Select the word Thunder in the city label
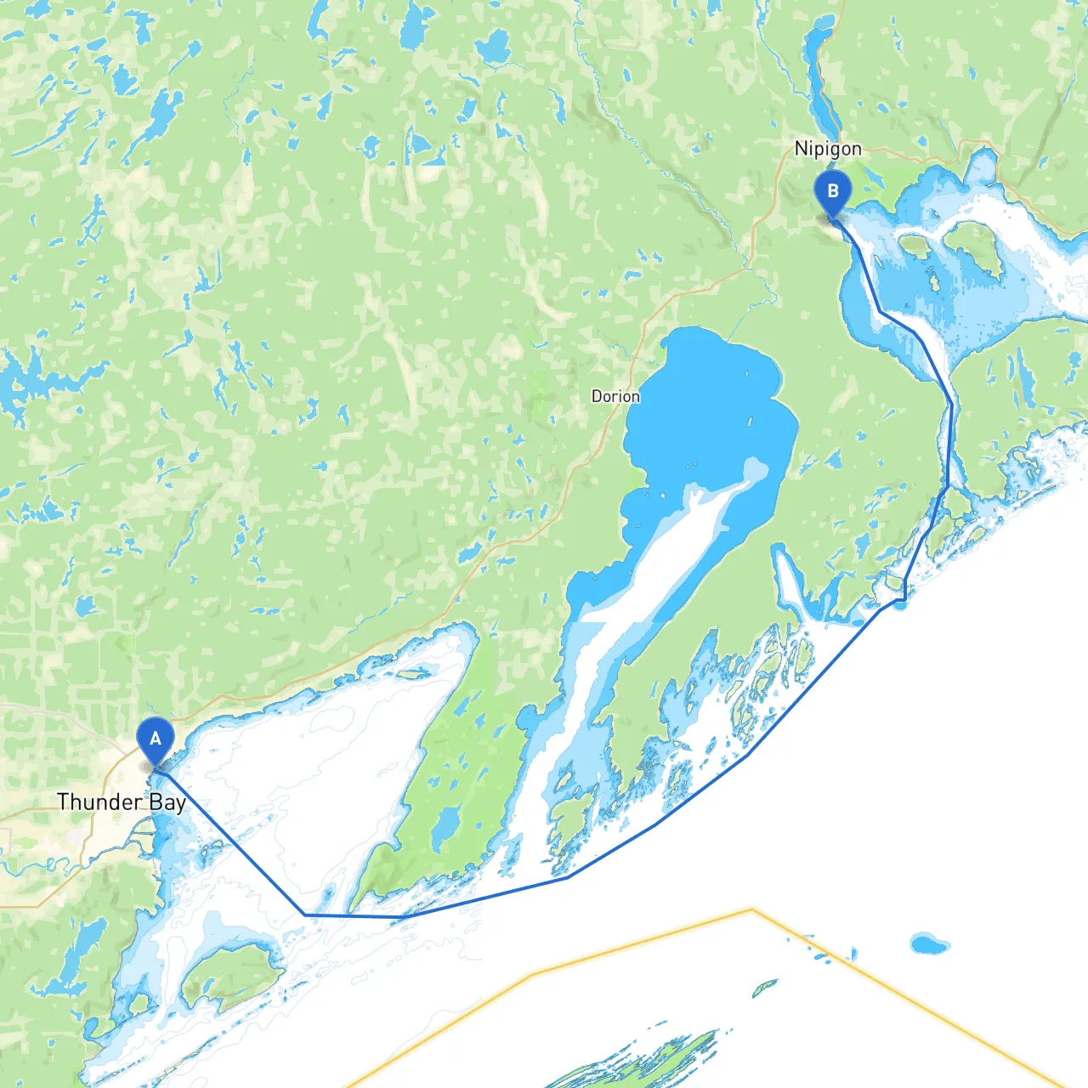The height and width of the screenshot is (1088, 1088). (99, 802)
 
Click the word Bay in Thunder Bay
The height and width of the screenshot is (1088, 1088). (167, 802)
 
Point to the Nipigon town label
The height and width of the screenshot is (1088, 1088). (827, 149)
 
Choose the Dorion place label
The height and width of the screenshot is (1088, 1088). (615, 396)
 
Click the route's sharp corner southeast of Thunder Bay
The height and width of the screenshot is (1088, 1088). (305, 915)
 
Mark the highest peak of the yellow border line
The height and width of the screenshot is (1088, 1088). (751, 909)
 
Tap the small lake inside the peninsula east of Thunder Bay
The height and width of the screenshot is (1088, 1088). (445, 825)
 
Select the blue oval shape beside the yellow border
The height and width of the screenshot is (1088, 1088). (929, 943)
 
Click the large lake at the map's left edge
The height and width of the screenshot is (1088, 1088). (34, 378)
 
